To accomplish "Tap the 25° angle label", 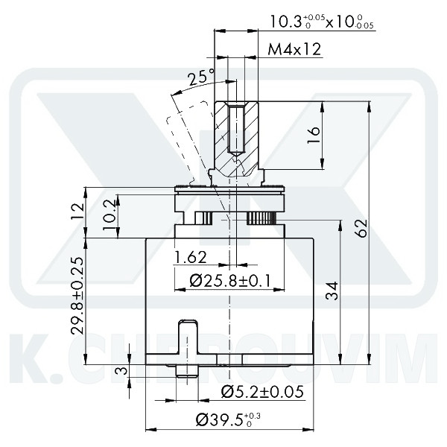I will tap(200, 77).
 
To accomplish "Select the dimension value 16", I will tap(314, 133).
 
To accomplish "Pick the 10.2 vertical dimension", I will tap(110, 215).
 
